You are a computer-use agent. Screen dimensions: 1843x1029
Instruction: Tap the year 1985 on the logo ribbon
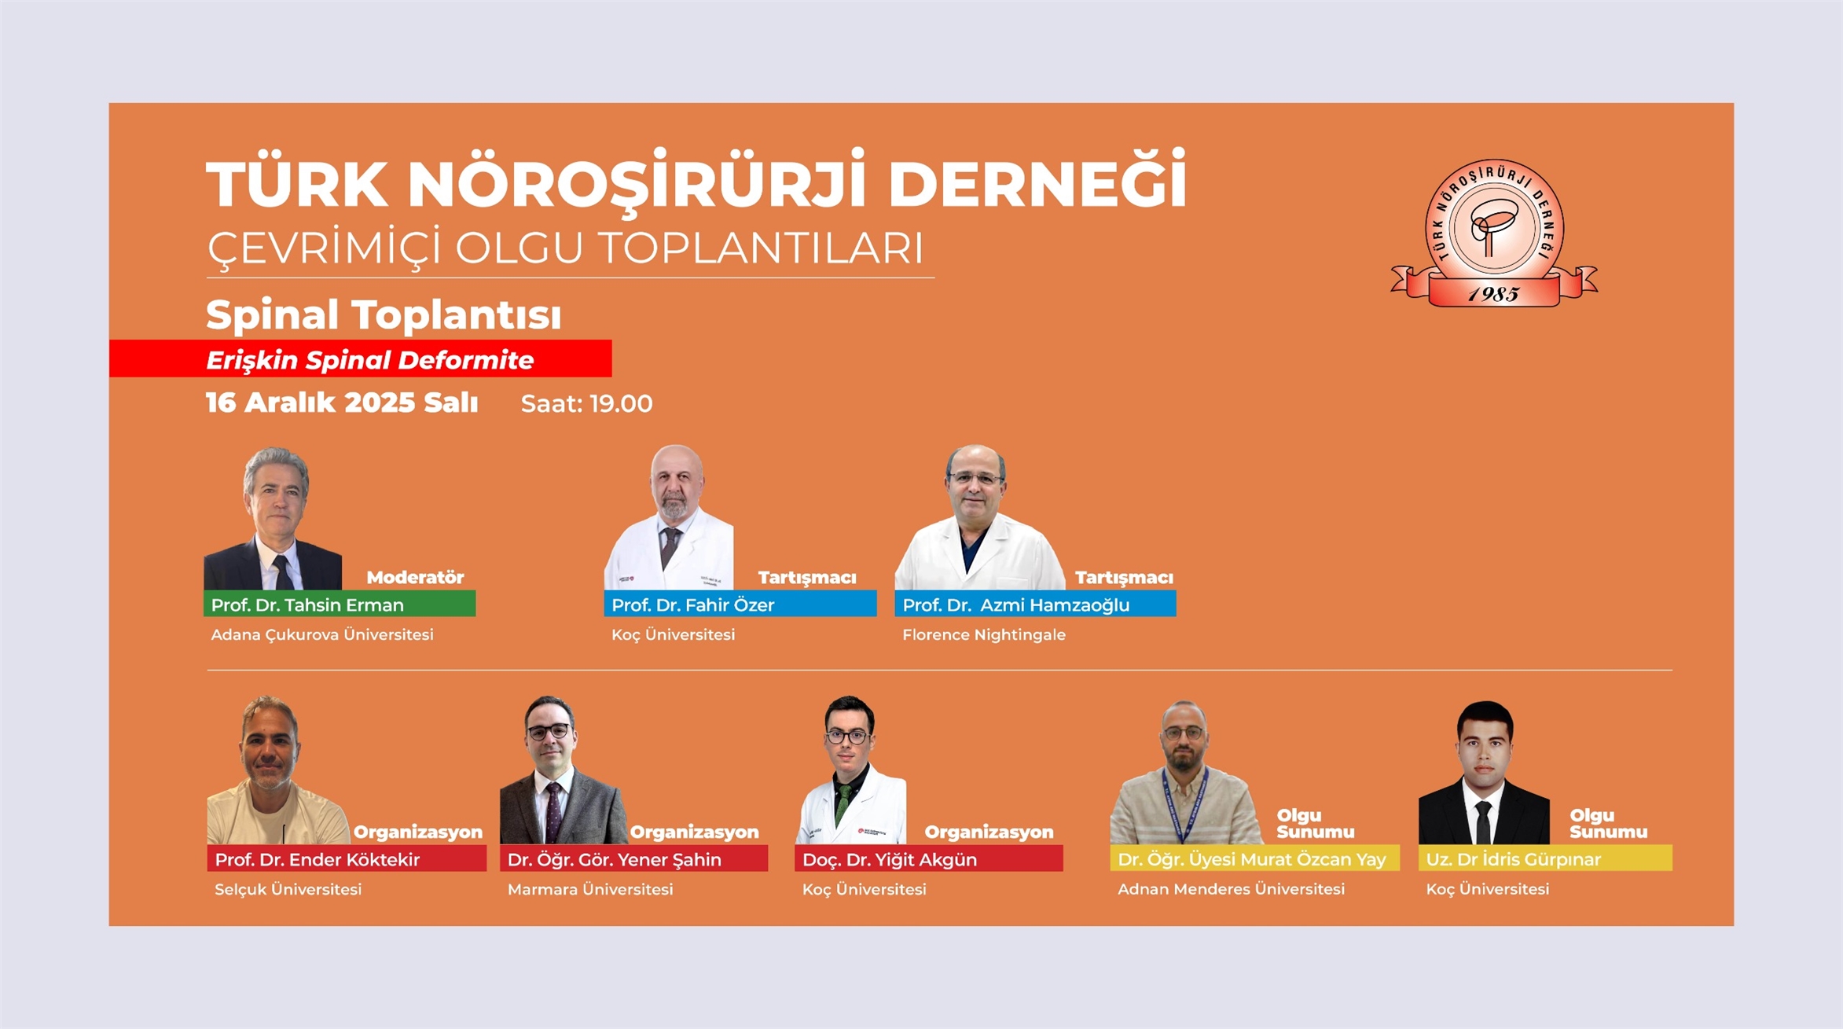(x=1493, y=294)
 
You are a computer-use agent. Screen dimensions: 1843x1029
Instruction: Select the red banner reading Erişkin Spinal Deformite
(x=361, y=358)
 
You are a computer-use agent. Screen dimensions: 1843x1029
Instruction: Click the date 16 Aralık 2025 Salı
(x=342, y=402)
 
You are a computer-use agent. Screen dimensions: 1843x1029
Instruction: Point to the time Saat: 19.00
(x=586, y=403)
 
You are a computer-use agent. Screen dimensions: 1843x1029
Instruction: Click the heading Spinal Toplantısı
(x=384, y=314)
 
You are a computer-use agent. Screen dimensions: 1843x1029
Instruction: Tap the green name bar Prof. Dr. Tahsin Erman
(x=340, y=604)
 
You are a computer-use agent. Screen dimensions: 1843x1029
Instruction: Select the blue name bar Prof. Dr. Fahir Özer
(x=740, y=604)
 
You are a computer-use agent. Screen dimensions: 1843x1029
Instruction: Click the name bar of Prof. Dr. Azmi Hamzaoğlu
(x=1035, y=604)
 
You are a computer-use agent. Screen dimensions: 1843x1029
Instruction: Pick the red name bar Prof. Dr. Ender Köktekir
(x=347, y=858)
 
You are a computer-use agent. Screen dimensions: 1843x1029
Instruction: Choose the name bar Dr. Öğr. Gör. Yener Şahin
(x=633, y=858)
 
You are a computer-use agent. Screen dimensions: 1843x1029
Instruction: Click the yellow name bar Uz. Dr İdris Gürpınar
(x=1545, y=858)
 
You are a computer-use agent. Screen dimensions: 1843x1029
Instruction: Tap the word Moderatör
(x=415, y=577)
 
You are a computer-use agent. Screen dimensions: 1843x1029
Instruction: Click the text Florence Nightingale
(x=984, y=634)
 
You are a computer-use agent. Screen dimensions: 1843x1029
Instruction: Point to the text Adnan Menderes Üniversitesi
(x=1232, y=889)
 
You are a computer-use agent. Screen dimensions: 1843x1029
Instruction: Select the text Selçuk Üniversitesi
(x=288, y=889)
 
